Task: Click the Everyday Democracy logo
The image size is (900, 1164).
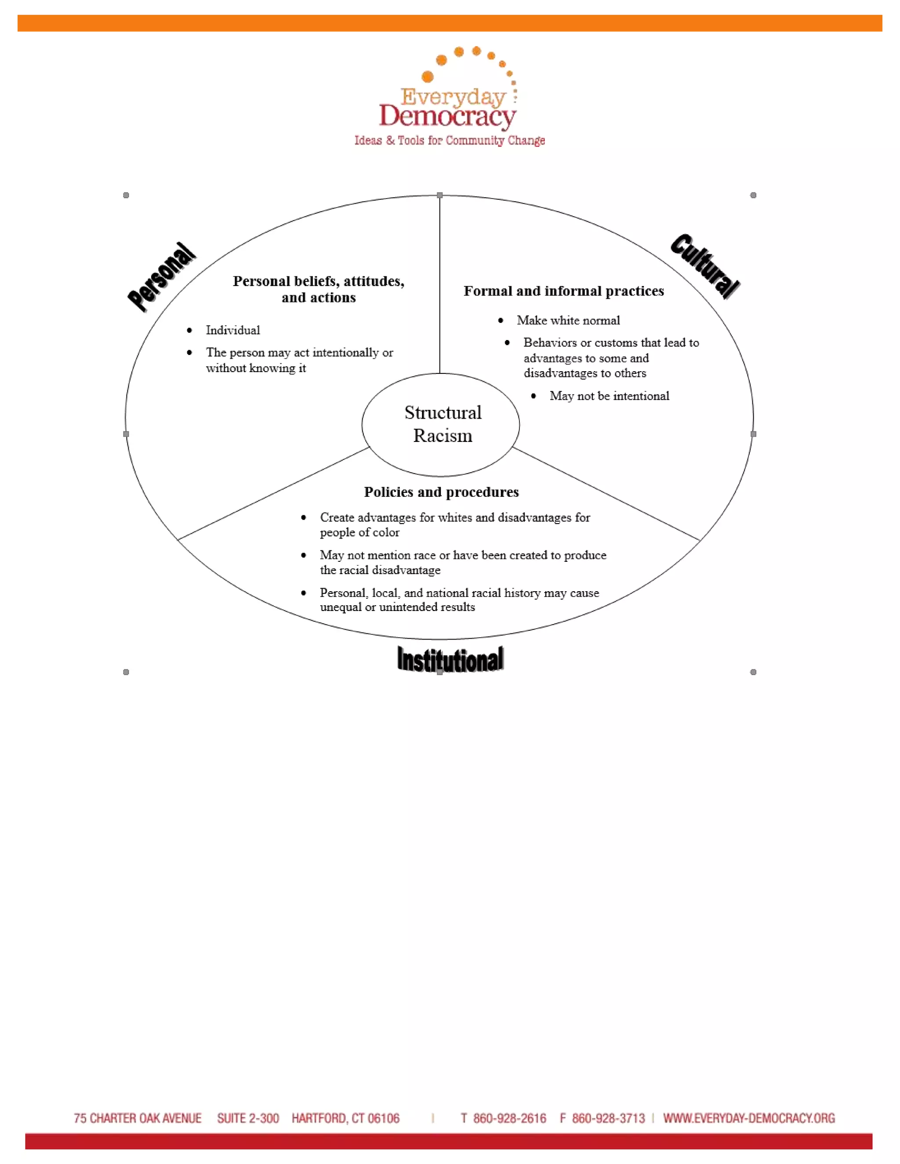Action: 449,96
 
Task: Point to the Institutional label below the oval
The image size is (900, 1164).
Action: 450,660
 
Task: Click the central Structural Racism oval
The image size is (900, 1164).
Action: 441,424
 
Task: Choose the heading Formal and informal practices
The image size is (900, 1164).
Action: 563,291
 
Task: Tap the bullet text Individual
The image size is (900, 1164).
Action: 233,330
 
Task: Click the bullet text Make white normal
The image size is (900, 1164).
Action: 568,320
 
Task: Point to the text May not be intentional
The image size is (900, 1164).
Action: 610,396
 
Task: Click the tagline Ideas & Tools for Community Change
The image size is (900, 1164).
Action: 450,141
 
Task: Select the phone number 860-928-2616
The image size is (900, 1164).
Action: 509,1119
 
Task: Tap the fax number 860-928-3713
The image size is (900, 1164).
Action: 608,1119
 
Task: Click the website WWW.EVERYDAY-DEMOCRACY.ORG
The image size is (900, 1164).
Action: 749,1119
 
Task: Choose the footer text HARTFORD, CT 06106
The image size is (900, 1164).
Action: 345,1119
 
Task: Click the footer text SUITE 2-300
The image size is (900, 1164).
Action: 248,1119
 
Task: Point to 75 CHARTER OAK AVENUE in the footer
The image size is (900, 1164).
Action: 138,1119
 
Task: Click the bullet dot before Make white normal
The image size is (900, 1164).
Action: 501,320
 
